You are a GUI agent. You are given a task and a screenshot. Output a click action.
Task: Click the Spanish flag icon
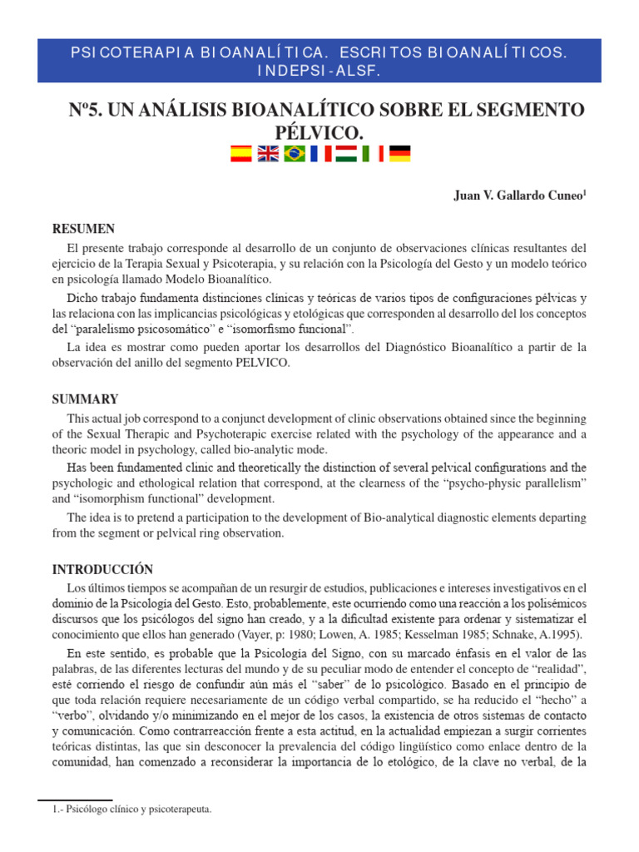click(240, 153)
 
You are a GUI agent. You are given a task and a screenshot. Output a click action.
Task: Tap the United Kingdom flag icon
click(267, 153)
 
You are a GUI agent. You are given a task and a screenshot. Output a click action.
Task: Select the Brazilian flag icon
click(294, 153)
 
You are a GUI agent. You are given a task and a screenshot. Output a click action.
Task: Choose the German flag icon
click(399, 153)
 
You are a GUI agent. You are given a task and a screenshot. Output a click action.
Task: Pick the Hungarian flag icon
click(346, 153)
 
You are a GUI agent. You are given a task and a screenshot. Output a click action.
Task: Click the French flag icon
click(320, 153)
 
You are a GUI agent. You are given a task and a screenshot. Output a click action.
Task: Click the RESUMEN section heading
click(83, 229)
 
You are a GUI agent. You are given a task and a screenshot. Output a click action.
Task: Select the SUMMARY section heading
click(85, 399)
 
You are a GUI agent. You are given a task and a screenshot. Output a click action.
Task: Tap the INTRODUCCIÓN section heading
click(102, 570)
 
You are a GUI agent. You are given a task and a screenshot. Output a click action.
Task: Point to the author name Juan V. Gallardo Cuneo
click(517, 196)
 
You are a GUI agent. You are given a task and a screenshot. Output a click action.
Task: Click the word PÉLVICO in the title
click(319, 131)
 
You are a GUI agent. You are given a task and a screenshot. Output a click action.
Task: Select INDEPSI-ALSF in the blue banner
click(319, 71)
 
